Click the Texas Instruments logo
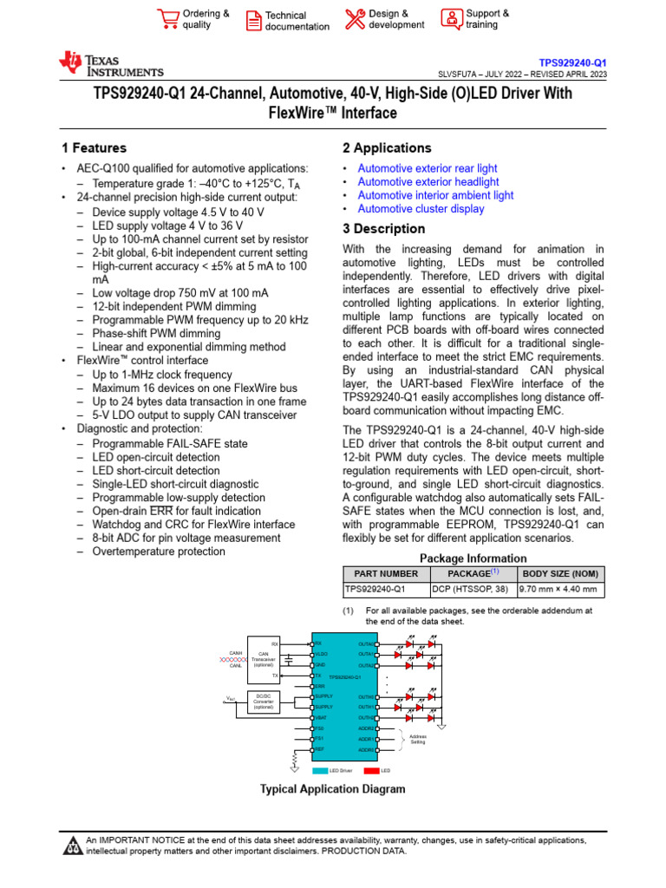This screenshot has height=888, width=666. click(110, 63)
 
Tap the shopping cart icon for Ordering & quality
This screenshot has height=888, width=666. click(167, 19)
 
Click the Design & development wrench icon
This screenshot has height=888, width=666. click(356, 19)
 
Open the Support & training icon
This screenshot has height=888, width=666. click(451, 19)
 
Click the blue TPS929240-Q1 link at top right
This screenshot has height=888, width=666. click(572, 63)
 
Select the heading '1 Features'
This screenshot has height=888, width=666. click(94, 148)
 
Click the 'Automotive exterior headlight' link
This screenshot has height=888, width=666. click(428, 182)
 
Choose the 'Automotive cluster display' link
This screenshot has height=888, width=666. click(421, 209)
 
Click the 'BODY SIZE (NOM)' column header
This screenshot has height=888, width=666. click(559, 573)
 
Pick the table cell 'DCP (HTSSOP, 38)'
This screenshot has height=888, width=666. click(473, 590)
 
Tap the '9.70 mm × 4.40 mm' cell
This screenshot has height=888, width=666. click(559, 590)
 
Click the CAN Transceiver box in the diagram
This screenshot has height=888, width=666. click(264, 660)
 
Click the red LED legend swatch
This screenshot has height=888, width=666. click(371, 770)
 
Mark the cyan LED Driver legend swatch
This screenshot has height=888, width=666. click(320, 770)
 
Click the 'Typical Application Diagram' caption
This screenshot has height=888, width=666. click(333, 789)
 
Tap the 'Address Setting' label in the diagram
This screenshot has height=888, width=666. click(418, 739)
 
